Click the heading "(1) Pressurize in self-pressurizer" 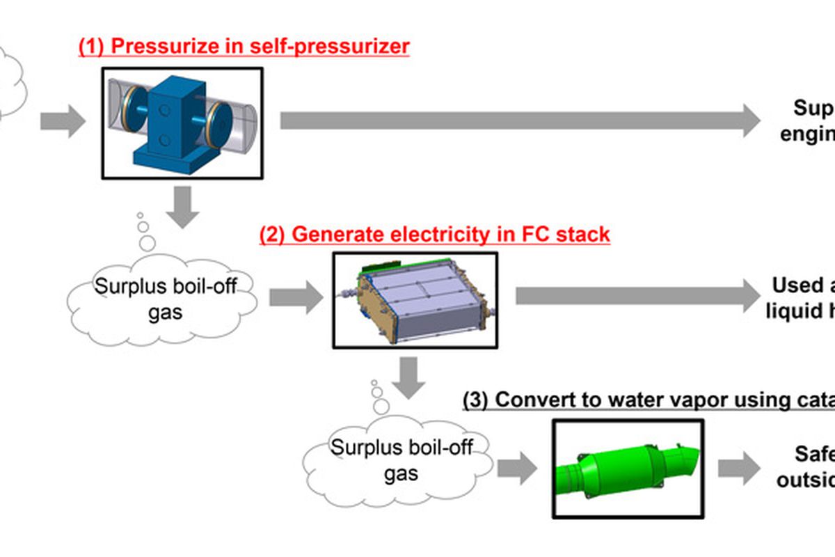pyautogui.click(x=244, y=47)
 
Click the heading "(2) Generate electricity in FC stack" pyautogui.click(x=434, y=235)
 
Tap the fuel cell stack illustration pyautogui.click(x=415, y=299)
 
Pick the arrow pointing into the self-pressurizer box pyautogui.click(x=62, y=122)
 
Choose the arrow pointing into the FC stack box pyautogui.click(x=296, y=298)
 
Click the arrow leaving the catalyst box pyautogui.click(x=739, y=469)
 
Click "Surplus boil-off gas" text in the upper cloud pyautogui.click(x=165, y=299)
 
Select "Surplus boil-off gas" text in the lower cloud pyautogui.click(x=401, y=460)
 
